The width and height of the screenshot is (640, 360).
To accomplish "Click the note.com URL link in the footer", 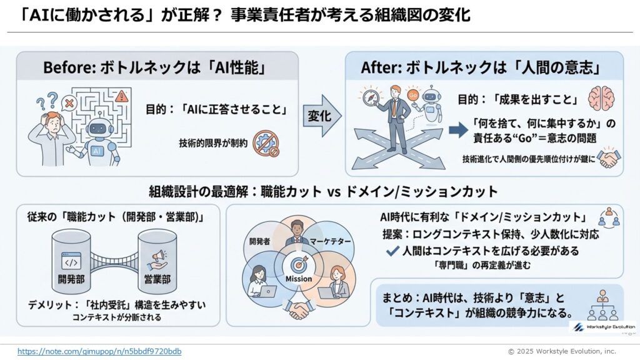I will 99,351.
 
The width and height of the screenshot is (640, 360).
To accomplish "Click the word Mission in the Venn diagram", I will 299,279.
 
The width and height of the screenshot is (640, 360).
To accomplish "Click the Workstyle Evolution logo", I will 602,326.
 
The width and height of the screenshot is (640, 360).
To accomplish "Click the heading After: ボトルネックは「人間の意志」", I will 484,67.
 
